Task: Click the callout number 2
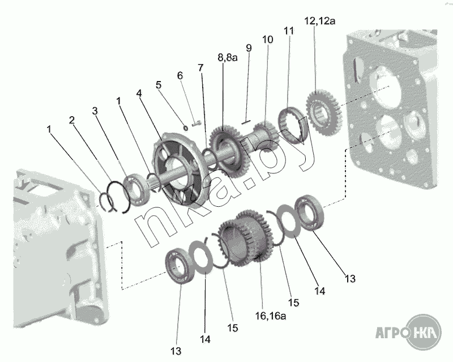click(x=72, y=120)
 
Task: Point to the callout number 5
click(x=159, y=85)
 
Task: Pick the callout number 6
click(x=180, y=75)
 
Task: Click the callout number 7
click(x=200, y=67)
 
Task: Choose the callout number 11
click(x=289, y=31)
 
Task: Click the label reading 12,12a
click(x=320, y=21)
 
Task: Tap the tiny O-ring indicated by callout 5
click(x=185, y=128)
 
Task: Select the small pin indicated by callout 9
click(x=246, y=121)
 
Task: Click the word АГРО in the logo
click(x=391, y=329)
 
